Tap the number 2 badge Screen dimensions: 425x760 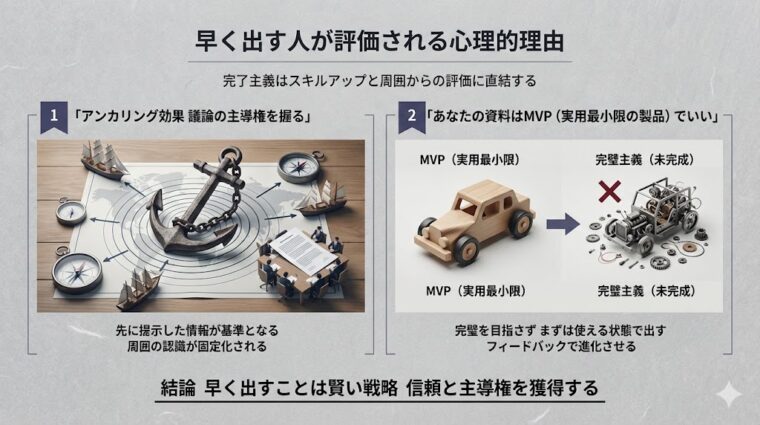[x=410, y=116]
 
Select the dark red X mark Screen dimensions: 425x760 [x=605, y=190]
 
